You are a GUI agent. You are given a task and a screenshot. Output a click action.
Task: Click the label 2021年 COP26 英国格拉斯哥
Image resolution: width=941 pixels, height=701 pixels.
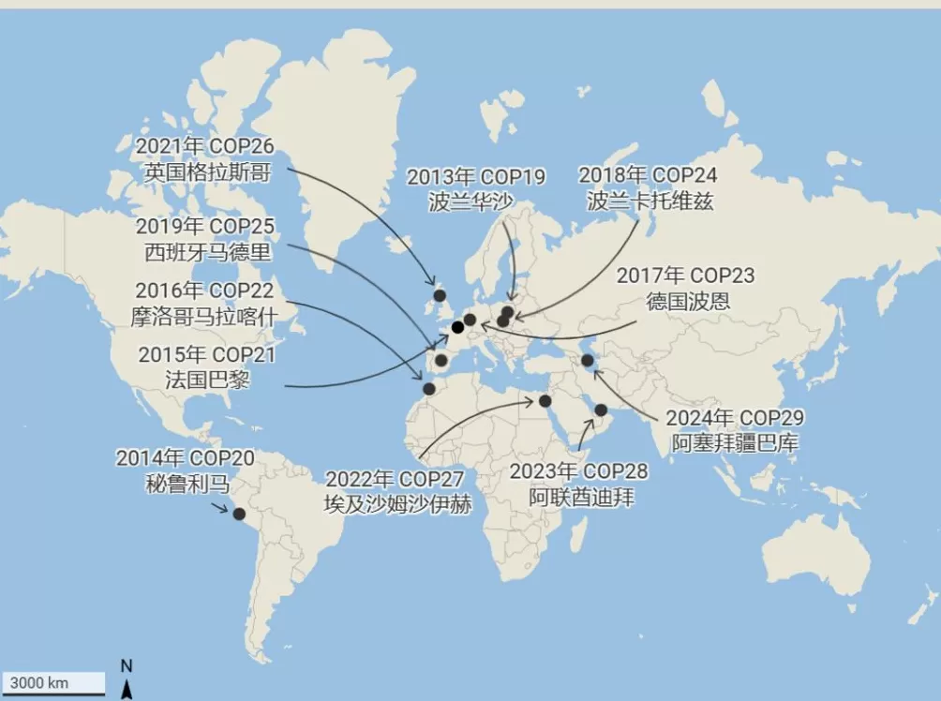(204, 159)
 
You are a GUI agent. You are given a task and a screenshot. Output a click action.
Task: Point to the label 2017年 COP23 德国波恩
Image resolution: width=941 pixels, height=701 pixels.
(688, 289)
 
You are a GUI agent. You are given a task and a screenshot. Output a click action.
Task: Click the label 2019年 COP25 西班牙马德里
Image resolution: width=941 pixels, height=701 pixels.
(204, 239)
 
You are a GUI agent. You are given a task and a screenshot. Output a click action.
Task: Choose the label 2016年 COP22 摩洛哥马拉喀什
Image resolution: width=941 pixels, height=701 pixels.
(204, 303)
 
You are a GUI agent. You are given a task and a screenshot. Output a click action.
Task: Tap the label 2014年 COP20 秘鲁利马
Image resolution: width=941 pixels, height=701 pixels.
(185, 471)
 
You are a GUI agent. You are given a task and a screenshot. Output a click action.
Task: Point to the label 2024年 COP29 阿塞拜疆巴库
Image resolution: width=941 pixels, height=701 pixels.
(735, 429)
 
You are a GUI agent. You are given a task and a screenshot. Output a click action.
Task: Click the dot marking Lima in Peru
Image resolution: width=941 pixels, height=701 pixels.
(239, 514)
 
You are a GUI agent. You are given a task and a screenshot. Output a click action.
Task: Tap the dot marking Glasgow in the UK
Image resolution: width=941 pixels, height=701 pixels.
(439, 295)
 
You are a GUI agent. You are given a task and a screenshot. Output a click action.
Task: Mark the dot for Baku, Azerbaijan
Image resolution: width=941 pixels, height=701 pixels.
(587, 360)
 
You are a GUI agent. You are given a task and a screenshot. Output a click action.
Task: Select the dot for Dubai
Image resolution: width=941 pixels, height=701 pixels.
(601, 410)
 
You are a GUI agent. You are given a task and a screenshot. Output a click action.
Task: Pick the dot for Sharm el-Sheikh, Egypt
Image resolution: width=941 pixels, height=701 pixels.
(545, 401)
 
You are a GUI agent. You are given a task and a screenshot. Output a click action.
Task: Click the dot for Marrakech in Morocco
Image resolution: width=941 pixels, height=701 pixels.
(429, 388)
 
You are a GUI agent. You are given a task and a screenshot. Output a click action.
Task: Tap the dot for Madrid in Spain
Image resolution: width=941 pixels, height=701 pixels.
(441, 360)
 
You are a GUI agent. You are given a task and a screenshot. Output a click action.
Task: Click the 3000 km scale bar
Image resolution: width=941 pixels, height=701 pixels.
(53, 682)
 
